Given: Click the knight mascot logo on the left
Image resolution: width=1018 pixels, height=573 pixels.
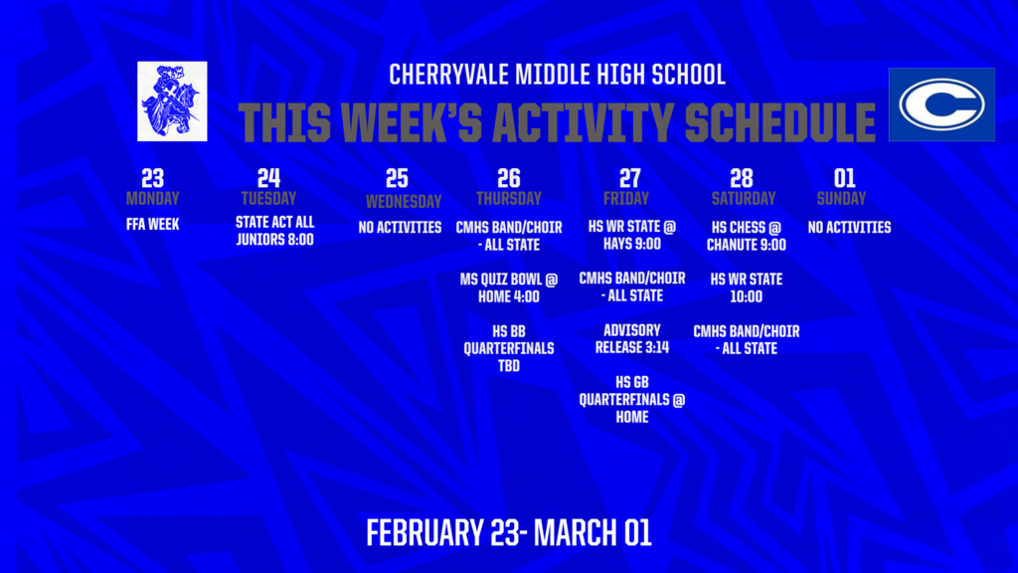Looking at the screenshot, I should point(172,100).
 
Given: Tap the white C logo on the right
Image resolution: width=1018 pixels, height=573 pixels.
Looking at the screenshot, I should point(940,104).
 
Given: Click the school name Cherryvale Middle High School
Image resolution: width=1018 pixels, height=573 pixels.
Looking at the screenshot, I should point(557,75).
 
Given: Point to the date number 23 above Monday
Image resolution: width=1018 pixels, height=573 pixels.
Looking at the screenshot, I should point(152,178).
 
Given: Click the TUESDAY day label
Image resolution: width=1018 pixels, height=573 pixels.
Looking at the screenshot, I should point(268,198).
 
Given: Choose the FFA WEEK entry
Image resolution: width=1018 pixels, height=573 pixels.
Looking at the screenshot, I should point(152,225).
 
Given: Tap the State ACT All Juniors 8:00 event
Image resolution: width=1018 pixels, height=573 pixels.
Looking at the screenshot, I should point(274,231).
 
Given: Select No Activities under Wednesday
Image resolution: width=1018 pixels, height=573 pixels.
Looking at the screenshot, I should point(400,228).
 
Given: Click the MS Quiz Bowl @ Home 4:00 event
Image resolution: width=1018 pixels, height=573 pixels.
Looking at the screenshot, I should point(508,287).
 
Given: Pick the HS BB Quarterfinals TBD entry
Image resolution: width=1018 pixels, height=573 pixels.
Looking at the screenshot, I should point(508,348).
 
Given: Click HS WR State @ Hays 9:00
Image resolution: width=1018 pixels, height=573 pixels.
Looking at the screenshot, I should point(631,235).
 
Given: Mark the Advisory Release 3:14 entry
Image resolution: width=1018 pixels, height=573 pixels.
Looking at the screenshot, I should point(631,339).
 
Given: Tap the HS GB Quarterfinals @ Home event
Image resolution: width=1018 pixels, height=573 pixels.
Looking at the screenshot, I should point(631,399).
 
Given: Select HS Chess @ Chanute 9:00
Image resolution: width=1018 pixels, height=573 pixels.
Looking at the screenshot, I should point(746,236).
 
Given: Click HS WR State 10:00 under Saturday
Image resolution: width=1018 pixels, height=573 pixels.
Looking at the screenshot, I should point(746,287).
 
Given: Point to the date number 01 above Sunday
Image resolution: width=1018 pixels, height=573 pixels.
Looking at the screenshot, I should point(844,178).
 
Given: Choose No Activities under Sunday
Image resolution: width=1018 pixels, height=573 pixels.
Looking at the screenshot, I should point(849,228).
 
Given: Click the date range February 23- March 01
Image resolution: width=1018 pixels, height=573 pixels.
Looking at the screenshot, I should point(508,532).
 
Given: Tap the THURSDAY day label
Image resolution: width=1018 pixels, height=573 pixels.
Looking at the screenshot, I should point(508,198).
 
